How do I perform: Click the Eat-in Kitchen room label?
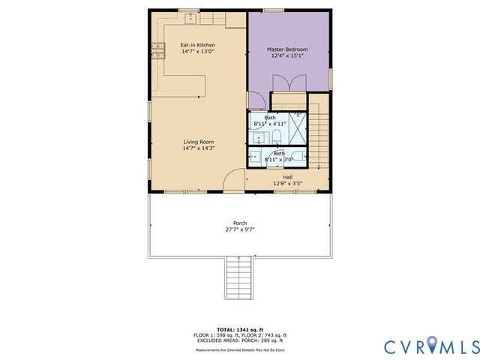coord(198,46)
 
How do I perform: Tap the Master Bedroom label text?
coord(288,49)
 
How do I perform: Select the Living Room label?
coord(199,142)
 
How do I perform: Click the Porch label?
coord(240,223)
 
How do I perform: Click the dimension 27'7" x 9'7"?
coord(240,229)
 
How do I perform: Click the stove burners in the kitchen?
coord(159,50)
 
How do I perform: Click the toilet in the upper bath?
coord(276,136)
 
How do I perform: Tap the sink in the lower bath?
coord(255,157)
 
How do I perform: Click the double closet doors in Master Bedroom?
coord(288,100)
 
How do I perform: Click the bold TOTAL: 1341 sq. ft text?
coord(240,330)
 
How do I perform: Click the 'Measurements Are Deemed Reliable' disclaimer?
coord(240,349)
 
